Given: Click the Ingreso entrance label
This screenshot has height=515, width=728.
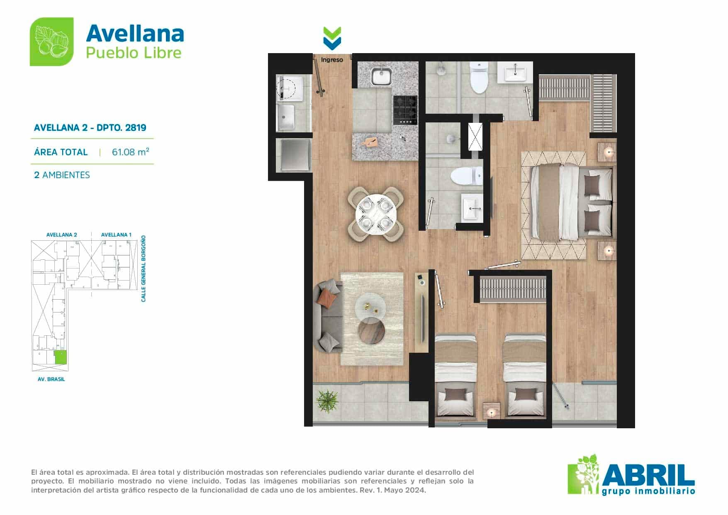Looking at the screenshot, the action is coord(332,60).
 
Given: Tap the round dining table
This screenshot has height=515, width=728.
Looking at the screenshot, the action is coord(376,213).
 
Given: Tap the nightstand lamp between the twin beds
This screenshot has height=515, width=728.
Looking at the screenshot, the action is coord(492,412).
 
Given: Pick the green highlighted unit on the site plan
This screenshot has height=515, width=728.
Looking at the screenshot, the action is coord(61,357).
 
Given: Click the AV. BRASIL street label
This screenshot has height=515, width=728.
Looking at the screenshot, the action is coord(51,379).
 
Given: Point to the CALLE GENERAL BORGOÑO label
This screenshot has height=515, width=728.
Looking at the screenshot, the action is coord(144,268).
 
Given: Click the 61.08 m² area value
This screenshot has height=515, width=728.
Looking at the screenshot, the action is coord(130,152).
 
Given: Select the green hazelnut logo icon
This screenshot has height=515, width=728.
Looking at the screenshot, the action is coord(52,41).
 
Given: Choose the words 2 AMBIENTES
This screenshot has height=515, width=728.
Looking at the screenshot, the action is coord(62,175).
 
